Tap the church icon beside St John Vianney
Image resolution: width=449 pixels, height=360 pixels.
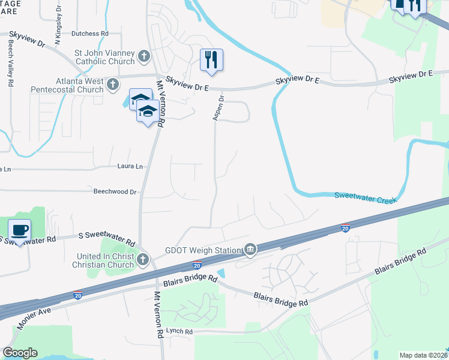click(x=143, y=57)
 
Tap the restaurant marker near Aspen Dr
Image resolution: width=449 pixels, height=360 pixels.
click(x=211, y=60)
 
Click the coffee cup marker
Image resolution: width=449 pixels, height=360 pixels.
click(x=20, y=230)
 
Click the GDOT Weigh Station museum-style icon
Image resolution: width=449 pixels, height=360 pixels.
click(x=250, y=250)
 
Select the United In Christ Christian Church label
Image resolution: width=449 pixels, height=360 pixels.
click(x=104, y=260)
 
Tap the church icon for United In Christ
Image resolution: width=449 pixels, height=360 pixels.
click(x=143, y=260)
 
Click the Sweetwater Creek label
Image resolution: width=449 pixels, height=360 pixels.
click(x=365, y=196)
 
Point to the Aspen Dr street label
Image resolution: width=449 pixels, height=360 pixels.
click(x=220, y=107)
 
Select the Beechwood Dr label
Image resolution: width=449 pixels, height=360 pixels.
click(x=115, y=192)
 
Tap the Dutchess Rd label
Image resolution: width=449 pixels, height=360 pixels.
click(x=89, y=34)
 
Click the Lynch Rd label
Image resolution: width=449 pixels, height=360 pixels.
click(x=180, y=332)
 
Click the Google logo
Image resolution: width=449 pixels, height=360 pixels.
click(x=20, y=352)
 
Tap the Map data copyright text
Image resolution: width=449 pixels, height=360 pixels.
click(x=424, y=355)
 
